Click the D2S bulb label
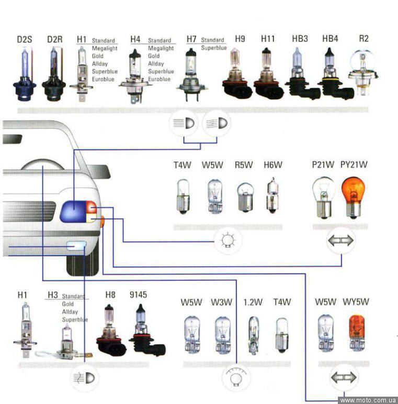24,39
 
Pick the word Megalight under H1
105,48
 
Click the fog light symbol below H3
84,377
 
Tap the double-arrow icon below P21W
340,241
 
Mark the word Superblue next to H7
214,48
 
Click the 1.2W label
253,302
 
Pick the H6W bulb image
272,196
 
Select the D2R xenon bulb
54,74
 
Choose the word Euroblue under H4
159,79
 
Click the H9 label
240,39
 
